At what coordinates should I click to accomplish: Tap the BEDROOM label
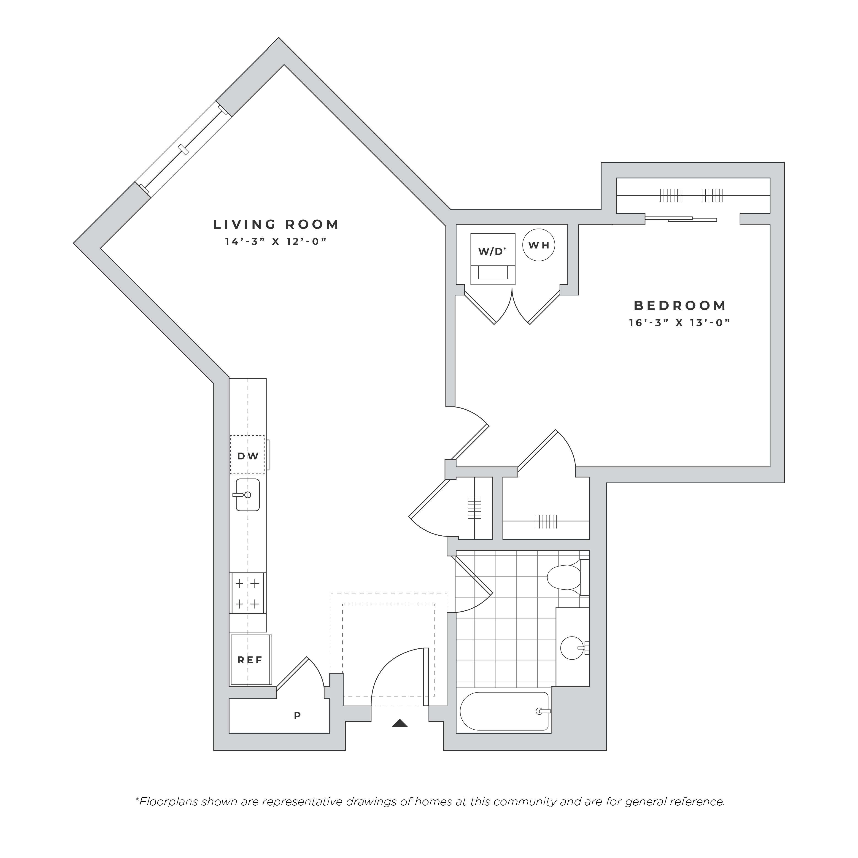tap(680, 305)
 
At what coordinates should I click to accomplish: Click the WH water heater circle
tap(539, 245)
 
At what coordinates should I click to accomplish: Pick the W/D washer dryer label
tap(492, 251)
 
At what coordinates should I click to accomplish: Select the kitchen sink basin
tap(247, 495)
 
